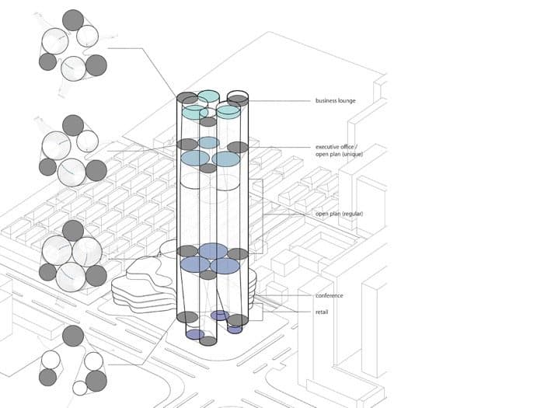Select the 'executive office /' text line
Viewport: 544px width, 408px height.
tap(339, 147)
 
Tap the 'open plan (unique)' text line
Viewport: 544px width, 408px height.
tap(339, 155)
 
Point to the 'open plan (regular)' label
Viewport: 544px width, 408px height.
tap(340, 214)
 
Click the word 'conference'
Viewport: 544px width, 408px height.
tap(330, 295)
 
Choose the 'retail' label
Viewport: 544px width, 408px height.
tap(323, 312)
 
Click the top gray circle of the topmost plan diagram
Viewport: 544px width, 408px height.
tap(73, 19)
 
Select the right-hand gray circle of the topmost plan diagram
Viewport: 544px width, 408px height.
tap(96, 65)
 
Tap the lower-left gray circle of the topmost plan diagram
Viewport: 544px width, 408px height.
tap(47, 61)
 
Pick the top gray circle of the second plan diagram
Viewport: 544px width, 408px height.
tap(73, 124)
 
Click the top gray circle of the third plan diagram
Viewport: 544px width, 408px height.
tap(73, 230)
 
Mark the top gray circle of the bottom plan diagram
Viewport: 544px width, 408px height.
tap(73, 336)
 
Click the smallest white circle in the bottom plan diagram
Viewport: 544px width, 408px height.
tap(80, 388)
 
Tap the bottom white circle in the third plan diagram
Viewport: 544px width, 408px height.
tap(71, 274)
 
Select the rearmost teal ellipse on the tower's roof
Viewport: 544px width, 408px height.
tap(207, 96)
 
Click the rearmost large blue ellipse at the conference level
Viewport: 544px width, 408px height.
tap(212, 250)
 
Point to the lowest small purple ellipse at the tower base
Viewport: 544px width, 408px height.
tap(195, 334)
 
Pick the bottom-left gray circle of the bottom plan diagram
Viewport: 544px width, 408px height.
tap(47, 378)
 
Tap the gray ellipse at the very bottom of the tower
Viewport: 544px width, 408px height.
tap(208, 340)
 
